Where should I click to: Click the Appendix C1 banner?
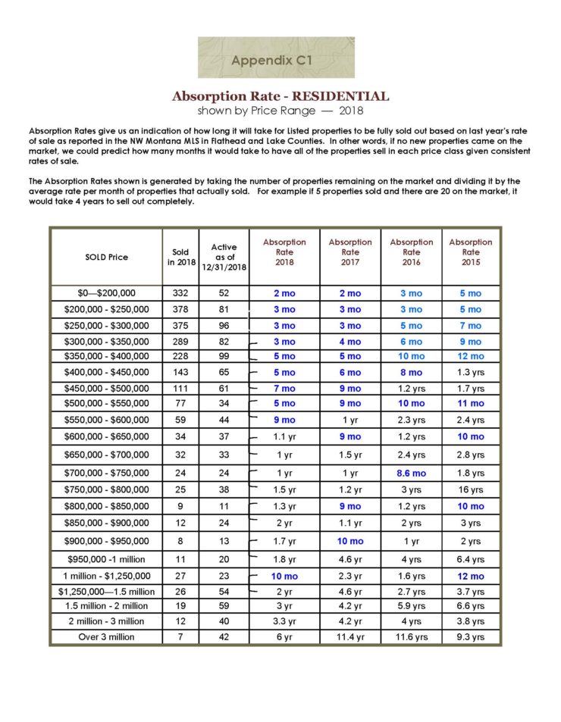pyautogui.click(x=276, y=58)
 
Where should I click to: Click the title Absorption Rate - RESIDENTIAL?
pyautogui.click(x=280, y=96)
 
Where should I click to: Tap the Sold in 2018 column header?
pyautogui.click(x=180, y=257)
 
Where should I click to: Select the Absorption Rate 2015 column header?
pyautogui.click(x=470, y=252)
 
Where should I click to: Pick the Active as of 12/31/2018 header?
pyautogui.click(x=224, y=258)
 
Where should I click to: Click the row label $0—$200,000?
pyautogui.click(x=107, y=293)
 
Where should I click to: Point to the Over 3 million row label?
pyautogui.click(x=107, y=637)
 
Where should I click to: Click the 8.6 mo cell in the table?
pyautogui.click(x=411, y=473)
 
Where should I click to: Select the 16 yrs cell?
pyautogui.click(x=471, y=489)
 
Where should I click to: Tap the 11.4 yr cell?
pyautogui.click(x=350, y=637)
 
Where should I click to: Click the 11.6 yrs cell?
pyautogui.click(x=411, y=637)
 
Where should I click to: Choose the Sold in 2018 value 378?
pyautogui.click(x=180, y=309)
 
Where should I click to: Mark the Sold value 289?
pyautogui.click(x=180, y=342)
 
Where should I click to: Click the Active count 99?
pyautogui.click(x=224, y=356)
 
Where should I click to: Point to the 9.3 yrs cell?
pyautogui.click(x=471, y=637)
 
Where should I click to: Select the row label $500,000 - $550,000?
pyautogui.click(x=107, y=404)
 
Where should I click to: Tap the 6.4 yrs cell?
pyautogui.click(x=471, y=560)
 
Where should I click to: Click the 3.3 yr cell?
pyautogui.click(x=284, y=621)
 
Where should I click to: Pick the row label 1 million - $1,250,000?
pyautogui.click(x=107, y=577)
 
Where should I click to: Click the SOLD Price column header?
pyautogui.click(x=107, y=257)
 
